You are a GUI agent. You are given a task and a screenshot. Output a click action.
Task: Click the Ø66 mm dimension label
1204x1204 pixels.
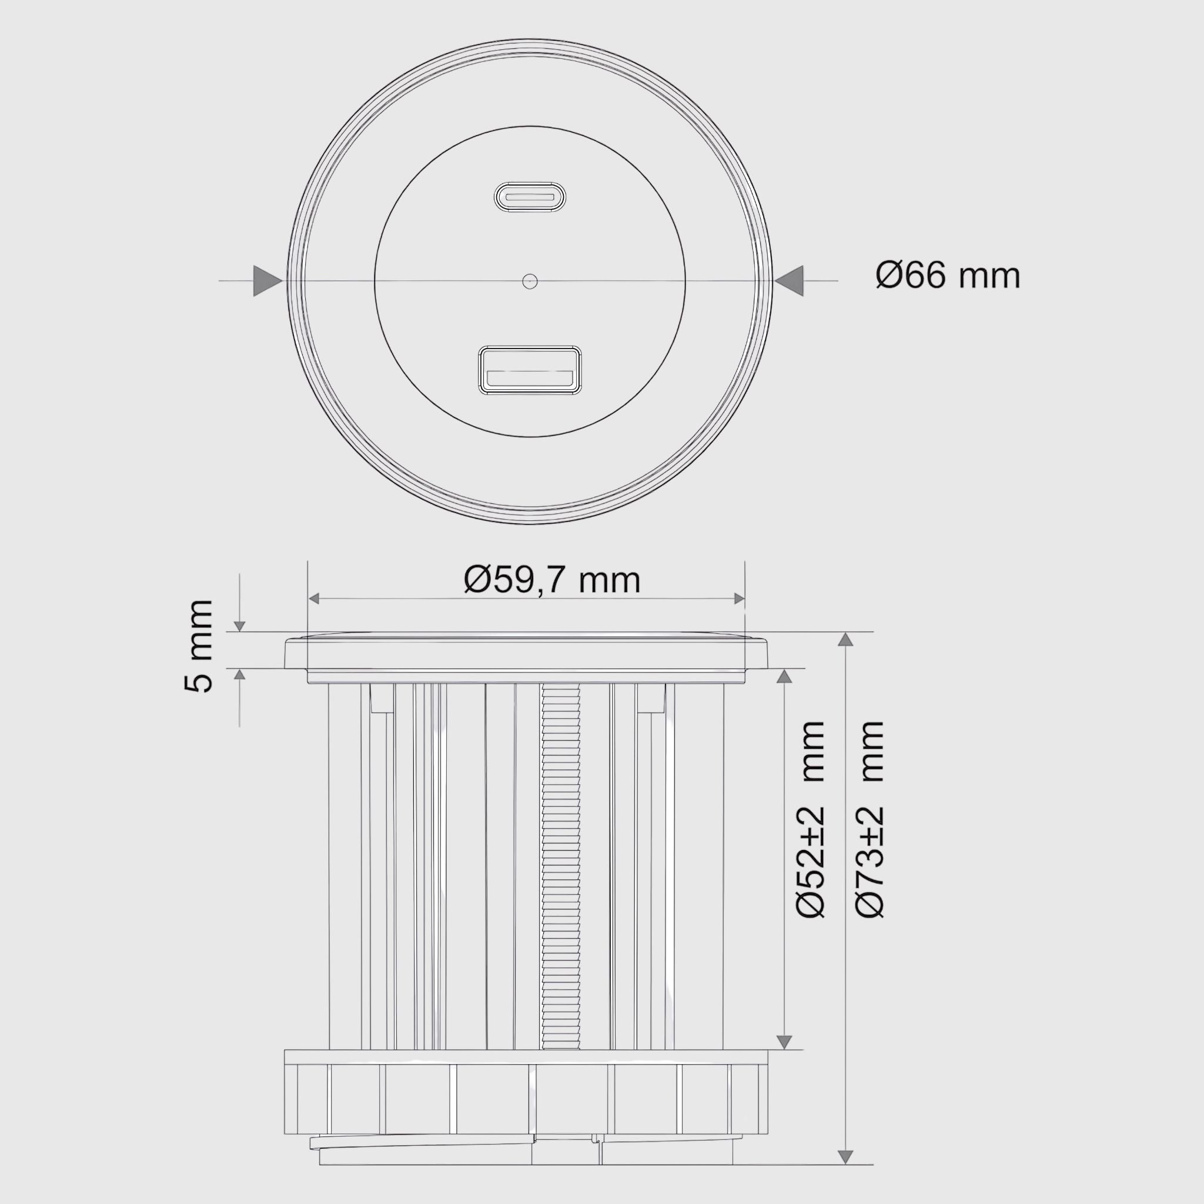(x=947, y=276)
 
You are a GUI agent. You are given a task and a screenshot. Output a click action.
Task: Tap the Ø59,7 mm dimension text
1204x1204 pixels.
(x=552, y=580)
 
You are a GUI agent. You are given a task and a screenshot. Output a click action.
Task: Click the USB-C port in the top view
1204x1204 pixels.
(x=530, y=197)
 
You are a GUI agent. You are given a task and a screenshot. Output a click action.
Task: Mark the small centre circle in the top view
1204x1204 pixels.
(x=530, y=281)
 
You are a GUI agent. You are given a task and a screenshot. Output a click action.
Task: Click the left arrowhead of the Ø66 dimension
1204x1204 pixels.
(x=267, y=281)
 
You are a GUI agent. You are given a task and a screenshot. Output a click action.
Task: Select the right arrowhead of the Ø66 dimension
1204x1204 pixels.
(x=790, y=281)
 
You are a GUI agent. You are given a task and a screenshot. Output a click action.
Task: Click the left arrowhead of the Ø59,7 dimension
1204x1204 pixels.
(x=315, y=599)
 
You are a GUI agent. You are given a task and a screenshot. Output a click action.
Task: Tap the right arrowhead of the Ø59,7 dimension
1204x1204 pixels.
(x=739, y=599)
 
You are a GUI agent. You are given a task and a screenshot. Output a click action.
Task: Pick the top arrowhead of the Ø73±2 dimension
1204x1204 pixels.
(x=845, y=640)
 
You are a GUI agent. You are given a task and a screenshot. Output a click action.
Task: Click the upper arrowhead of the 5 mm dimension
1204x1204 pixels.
(x=240, y=626)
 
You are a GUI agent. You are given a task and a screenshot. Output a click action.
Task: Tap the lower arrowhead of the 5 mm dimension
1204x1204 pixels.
(x=240, y=674)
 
